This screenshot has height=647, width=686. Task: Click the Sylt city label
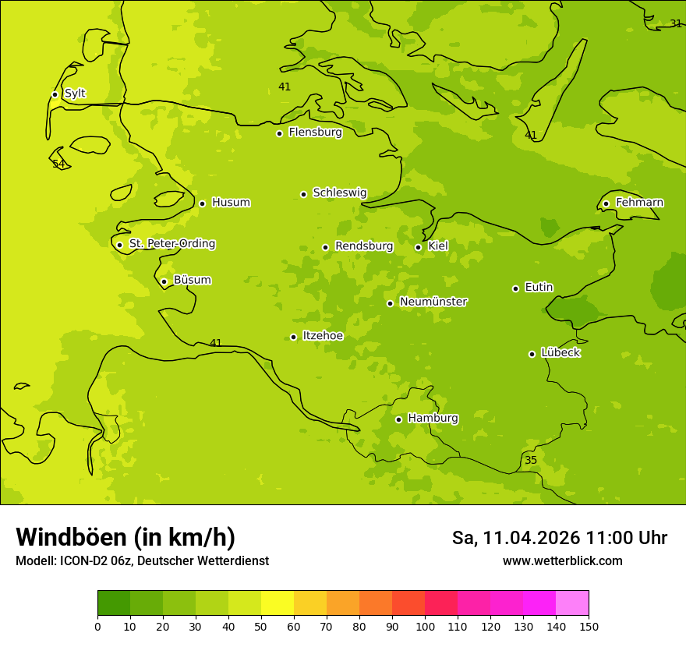75,94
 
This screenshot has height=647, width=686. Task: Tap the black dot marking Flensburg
279,133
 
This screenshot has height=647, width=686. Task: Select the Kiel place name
438,246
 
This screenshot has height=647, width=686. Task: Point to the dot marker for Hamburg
398,419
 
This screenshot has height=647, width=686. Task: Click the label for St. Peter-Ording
172,244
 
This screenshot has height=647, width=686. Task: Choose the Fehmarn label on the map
639,203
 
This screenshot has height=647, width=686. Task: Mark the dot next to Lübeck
532,354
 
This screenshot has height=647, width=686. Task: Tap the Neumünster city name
433,302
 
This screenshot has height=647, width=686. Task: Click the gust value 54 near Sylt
58,164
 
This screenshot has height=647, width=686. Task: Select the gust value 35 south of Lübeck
531,460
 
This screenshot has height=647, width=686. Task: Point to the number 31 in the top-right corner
676,23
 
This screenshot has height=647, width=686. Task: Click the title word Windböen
71,537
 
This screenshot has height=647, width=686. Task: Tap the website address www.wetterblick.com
562,560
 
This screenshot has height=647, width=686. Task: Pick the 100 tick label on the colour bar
425,626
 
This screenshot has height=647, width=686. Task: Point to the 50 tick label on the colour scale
261,626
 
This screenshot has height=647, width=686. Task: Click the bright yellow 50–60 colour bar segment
278,603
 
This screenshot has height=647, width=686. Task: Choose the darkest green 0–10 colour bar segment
114,603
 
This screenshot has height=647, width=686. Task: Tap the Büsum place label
192,280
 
